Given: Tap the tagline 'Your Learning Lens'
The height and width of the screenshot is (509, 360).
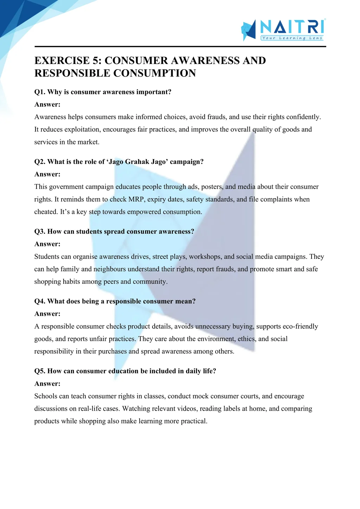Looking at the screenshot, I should (292, 38).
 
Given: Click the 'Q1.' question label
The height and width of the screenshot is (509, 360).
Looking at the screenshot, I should (40, 92).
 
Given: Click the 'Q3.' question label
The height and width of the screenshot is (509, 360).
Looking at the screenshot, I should (40, 231).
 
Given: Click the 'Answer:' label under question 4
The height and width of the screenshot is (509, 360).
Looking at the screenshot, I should (47, 314).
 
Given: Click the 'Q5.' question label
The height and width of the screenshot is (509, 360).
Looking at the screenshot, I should (40, 371).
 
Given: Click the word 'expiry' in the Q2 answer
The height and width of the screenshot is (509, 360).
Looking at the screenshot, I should (156, 200).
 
